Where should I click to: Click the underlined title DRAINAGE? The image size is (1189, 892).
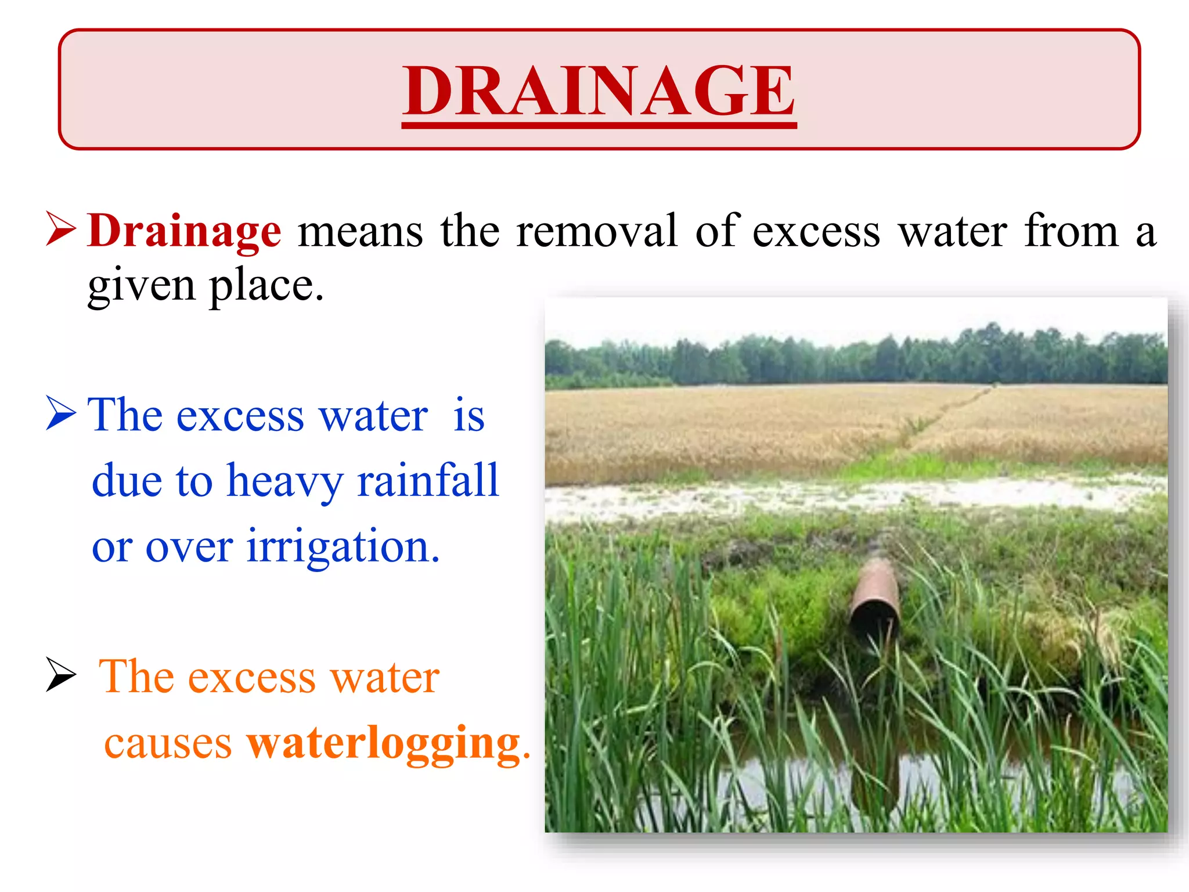pyautogui.click(x=599, y=91)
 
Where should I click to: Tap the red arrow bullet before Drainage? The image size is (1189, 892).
pyautogui.click(x=60, y=229)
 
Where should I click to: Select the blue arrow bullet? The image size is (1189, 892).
pyautogui.click(x=60, y=413)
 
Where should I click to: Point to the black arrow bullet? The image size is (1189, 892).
pyautogui.click(x=60, y=675)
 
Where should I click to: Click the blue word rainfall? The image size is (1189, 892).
pyautogui.click(x=428, y=481)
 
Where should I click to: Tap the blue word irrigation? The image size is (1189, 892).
pyautogui.click(x=343, y=547)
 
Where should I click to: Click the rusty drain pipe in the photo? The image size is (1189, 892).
pyautogui.click(x=875, y=598)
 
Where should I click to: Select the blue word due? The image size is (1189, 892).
pyautogui.click(x=127, y=481)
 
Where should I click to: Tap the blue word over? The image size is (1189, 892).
pyautogui.click(x=189, y=547)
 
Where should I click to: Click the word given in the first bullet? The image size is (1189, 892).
pyautogui.click(x=141, y=286)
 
